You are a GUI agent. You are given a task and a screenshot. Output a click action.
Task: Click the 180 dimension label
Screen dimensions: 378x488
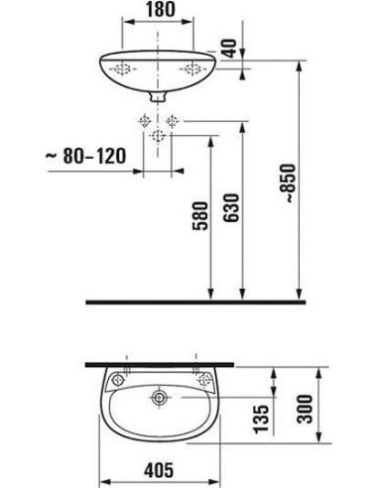click(x=160, y=9)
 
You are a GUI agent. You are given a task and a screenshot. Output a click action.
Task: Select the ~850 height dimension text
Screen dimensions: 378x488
click(x=287, y=183)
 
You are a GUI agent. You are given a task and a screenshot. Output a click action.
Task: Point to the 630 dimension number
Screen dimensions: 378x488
click(x=230, y=207)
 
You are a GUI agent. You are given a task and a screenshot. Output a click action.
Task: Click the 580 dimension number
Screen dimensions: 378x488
click(x=200, y=215)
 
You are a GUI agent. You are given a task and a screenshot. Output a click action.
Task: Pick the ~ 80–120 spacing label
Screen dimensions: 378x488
click(x=86, y=156)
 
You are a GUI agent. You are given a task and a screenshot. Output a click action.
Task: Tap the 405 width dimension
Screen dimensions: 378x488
click(x=159, y=470)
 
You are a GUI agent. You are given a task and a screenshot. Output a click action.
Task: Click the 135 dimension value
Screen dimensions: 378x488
click(x=261, y=419)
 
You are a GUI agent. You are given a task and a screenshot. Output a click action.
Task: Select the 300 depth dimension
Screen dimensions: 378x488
click(x=305, y=409)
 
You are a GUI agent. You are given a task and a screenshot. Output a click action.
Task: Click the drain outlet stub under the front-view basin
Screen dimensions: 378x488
click(x=158, y=96)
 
